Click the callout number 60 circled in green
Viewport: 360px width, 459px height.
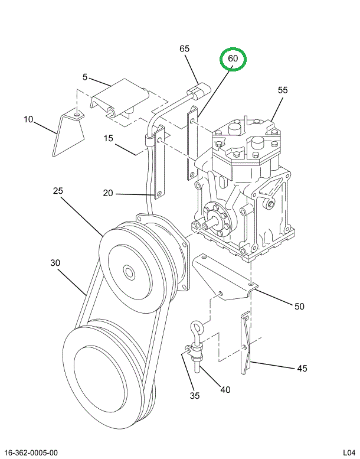[x=233, y=59]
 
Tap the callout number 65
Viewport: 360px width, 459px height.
[x=185, y=48]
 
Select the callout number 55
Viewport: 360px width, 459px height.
[x=283, y=90]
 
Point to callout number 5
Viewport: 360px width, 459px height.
[x=85, y=77]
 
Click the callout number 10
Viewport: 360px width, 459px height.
[x=28, y=119]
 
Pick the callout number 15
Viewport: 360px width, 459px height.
[x=109, y=138]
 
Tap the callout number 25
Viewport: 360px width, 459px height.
[x=57, y=191]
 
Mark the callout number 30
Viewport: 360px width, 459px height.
[x=55, y=262]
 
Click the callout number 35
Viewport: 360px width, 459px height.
[x=195, y=395]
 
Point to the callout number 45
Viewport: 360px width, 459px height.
[x=302, y=368]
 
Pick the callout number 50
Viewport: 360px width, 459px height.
[x=299, y=306]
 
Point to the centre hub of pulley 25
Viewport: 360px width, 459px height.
[x=128, y=273]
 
